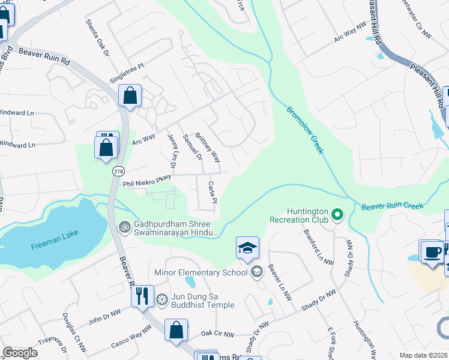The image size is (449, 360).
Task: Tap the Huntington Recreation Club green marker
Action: click(x=337, y=214)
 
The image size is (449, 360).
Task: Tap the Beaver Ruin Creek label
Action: click(x=392, y=206)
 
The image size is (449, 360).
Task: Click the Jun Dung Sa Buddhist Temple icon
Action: click(x=161, y=299)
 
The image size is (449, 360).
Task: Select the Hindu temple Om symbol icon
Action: click(x=125, y=227)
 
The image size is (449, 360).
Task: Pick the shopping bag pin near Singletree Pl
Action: click(x=130, y=96)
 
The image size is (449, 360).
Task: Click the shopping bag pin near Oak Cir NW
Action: click(x=176, y=331)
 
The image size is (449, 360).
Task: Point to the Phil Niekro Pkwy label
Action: click(x=147, y=181)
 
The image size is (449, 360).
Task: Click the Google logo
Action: click(x=20, y=353)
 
